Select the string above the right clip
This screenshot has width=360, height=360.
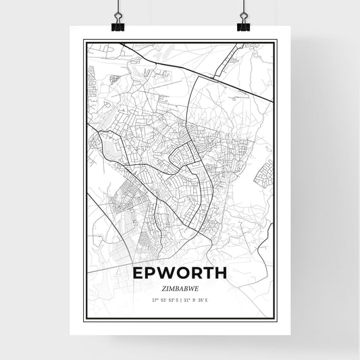pyautogui.click(x=243, y=8)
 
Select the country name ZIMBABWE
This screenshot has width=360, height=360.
pyautogui.click(x=180, y=288)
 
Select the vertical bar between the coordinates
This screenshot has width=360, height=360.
pyautogui.click(x=180, y=299)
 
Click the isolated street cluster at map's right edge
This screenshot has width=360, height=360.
pyautogui.click(x=263, y=172)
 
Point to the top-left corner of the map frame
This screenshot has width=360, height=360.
pyautogui.click(x=84, y=41)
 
